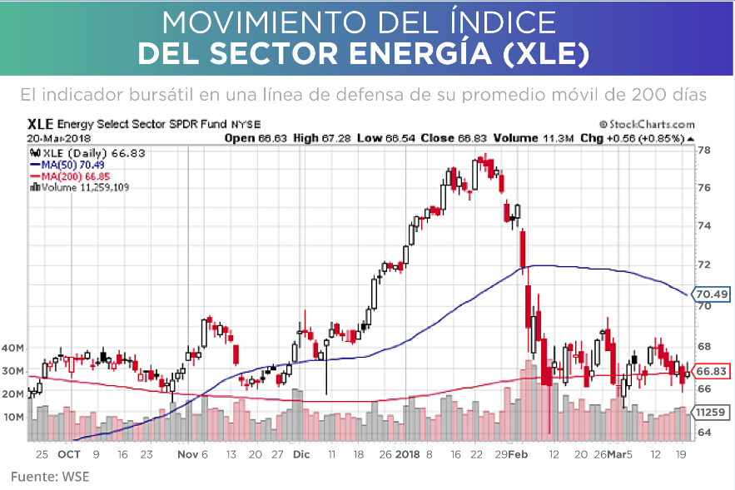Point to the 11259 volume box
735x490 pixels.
coord(711,412)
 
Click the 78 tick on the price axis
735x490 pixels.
coord(703,151)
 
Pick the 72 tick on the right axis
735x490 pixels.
coord(703,265)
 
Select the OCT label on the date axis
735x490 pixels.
coord(68,455)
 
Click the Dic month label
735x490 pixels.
coord(301,455)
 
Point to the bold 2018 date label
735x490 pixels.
coord(408,455)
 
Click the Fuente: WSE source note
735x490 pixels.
coord(49,477)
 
